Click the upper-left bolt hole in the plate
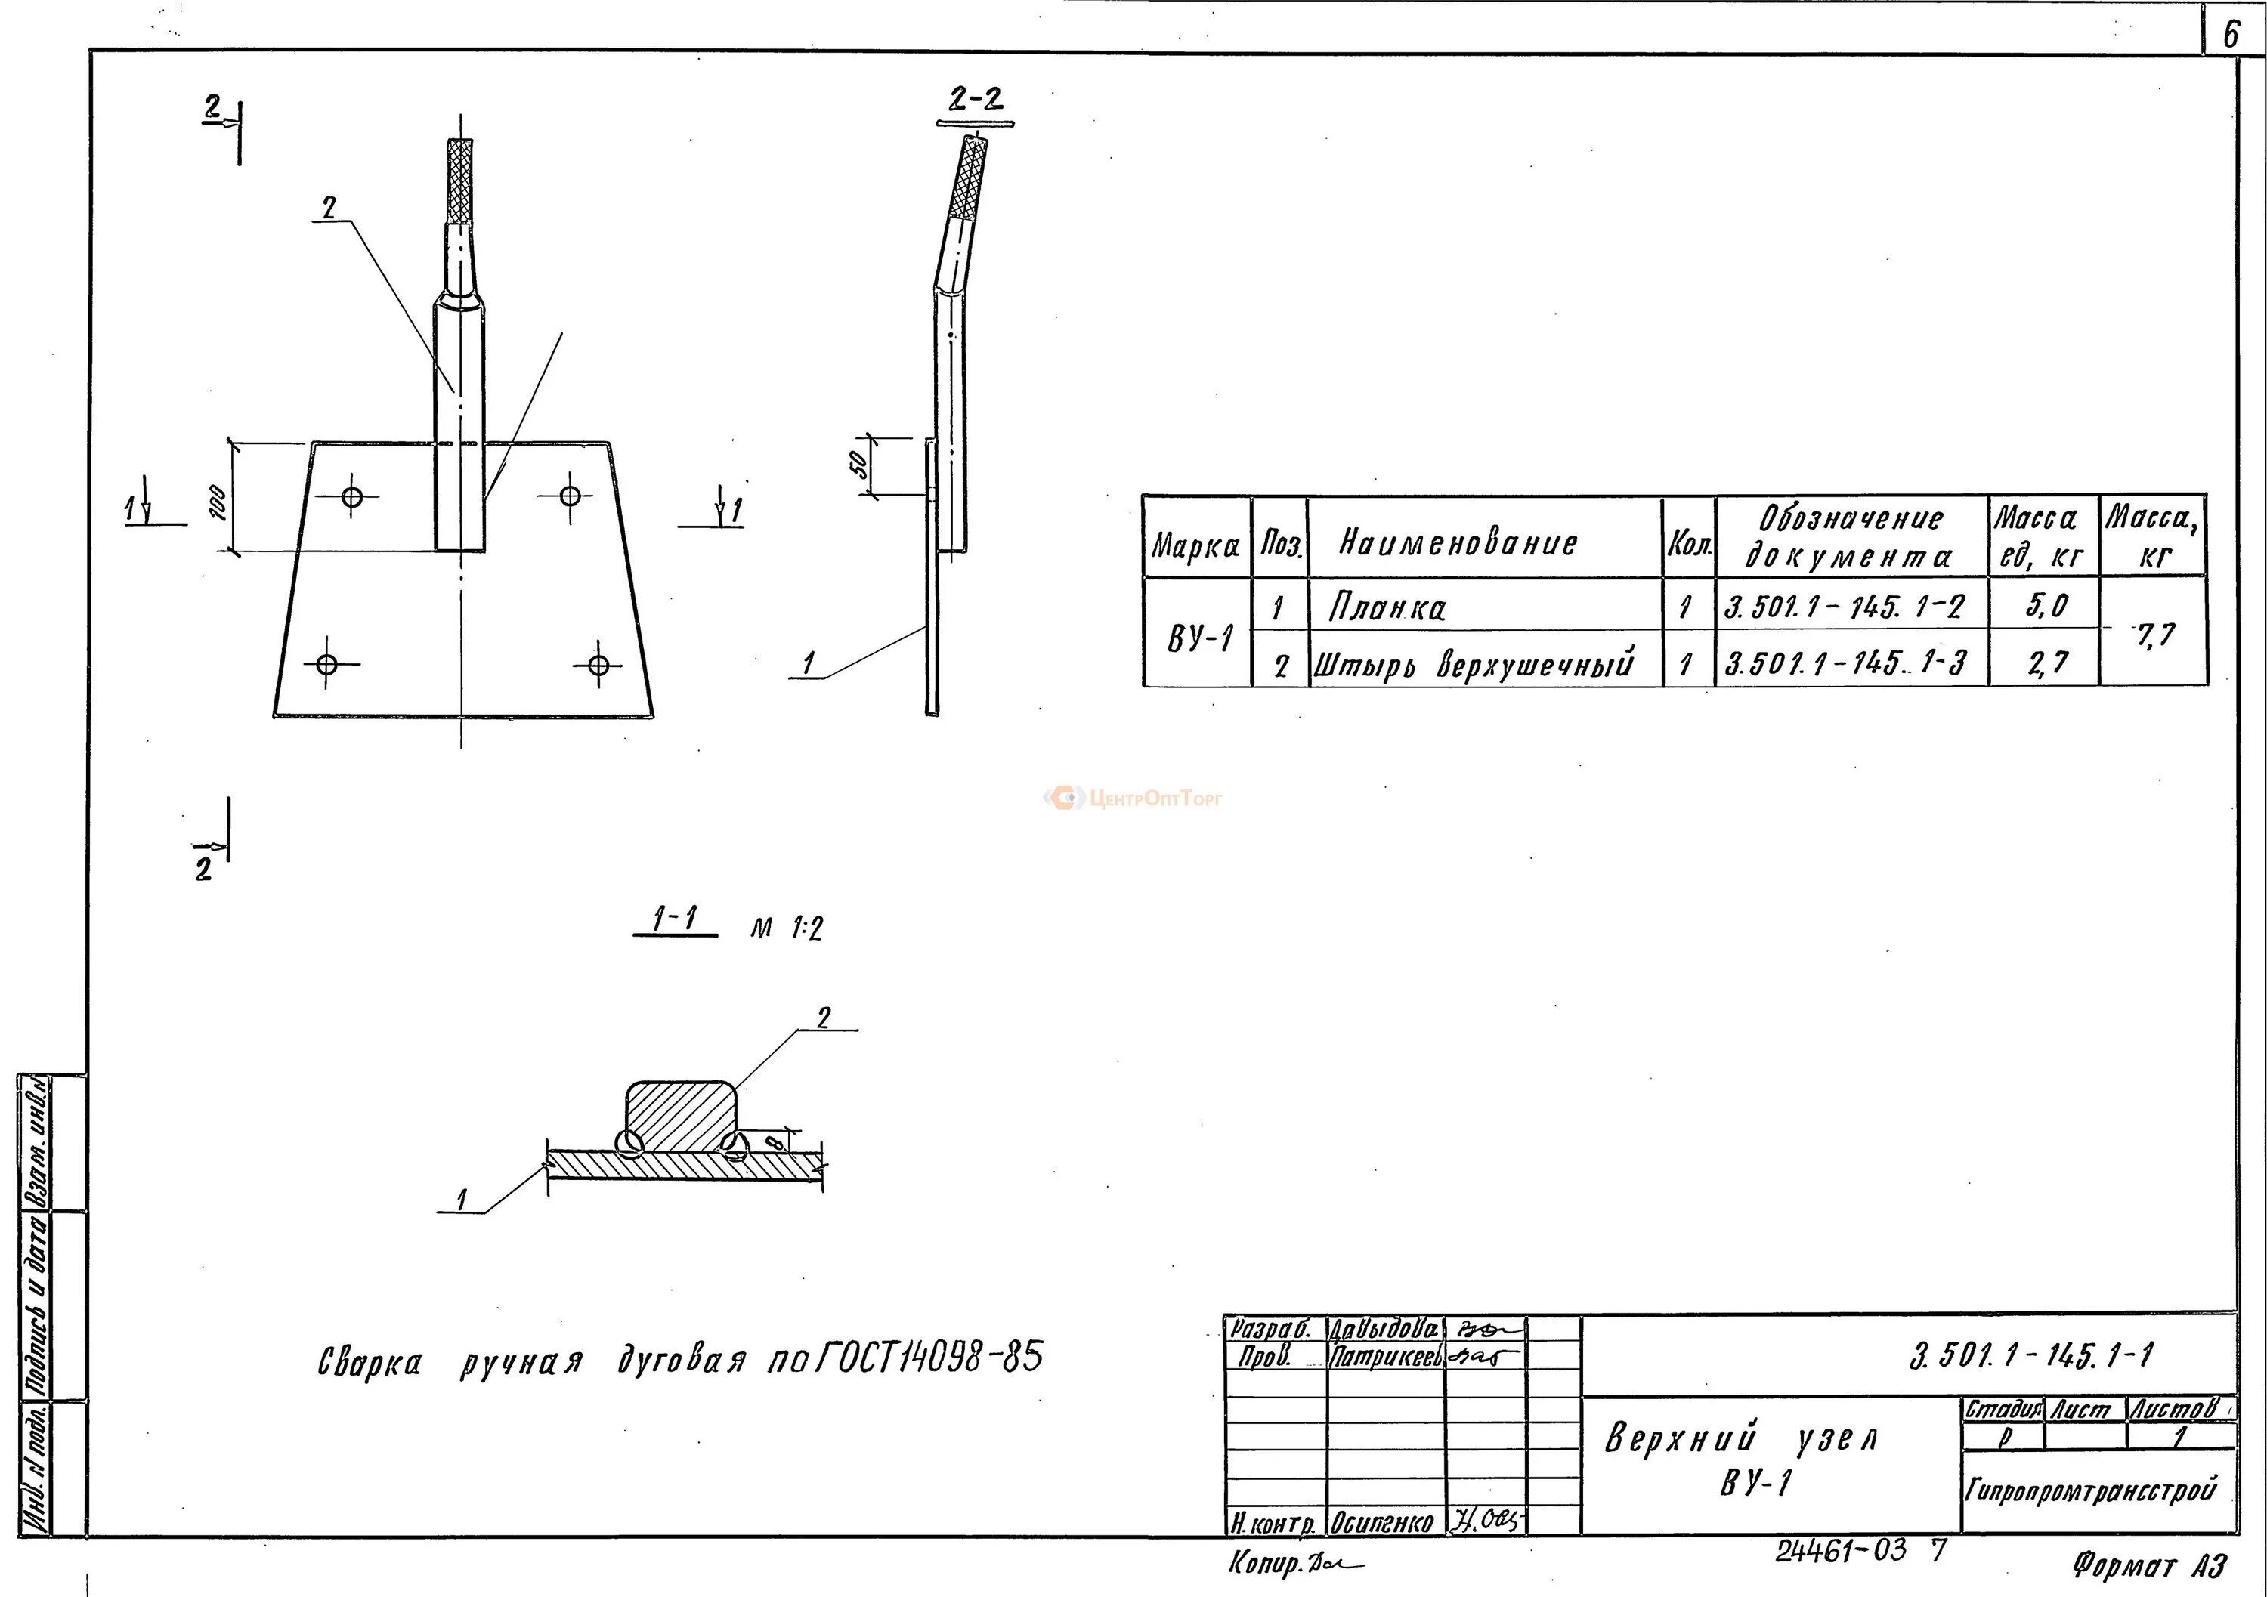[352, 496]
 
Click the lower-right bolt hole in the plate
[598, 664]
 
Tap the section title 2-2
[976, 99]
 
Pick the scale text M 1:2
[786, 928]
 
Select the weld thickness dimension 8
[776, 1143]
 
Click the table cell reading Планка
[1387, 606]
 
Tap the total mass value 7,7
[2154, 635]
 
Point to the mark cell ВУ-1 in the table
[1198, 638]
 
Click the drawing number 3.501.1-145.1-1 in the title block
[2031, 1356]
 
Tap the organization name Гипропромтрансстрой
[2090, 1488]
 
